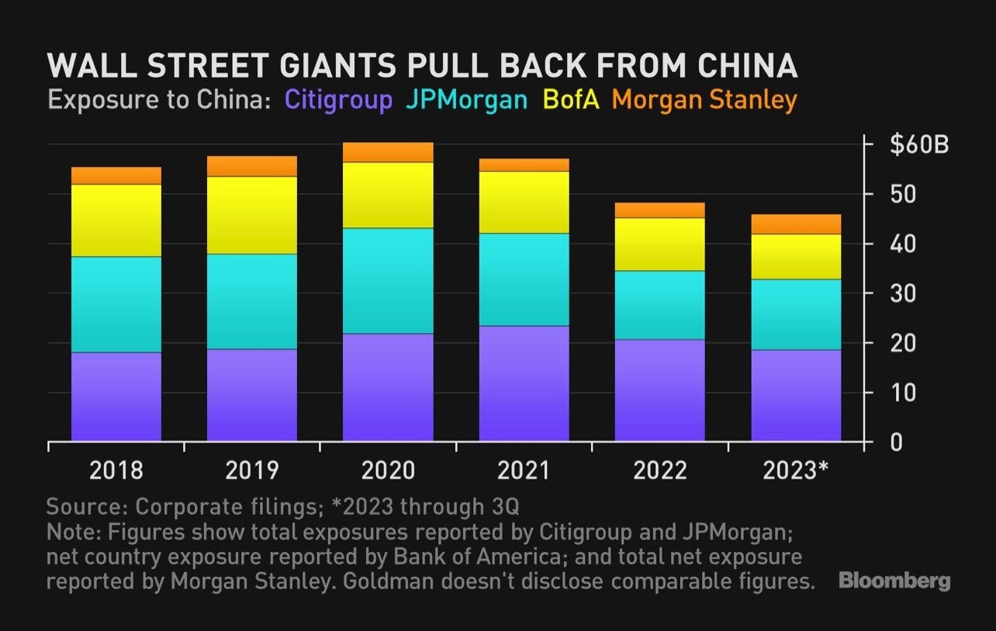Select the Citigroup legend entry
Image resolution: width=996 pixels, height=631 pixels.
[338, 100]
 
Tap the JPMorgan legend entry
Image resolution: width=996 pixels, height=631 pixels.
[465, 100]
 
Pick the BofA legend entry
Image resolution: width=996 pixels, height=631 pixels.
[572, 100]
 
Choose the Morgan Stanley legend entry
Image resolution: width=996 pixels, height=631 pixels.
[704, 100]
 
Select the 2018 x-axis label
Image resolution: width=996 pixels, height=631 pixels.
[116, 470]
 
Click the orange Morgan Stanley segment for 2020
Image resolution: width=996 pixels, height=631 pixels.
[389, 152]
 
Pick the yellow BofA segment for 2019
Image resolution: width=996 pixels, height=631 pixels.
[252, 215]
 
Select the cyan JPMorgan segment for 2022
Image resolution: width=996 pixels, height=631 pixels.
[659, 305]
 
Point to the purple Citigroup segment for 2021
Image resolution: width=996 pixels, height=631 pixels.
[524, 383]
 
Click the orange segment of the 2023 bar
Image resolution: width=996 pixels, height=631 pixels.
[796, 224]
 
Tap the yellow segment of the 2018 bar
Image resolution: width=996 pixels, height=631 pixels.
[116, 220]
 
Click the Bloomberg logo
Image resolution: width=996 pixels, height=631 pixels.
[894, 581]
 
